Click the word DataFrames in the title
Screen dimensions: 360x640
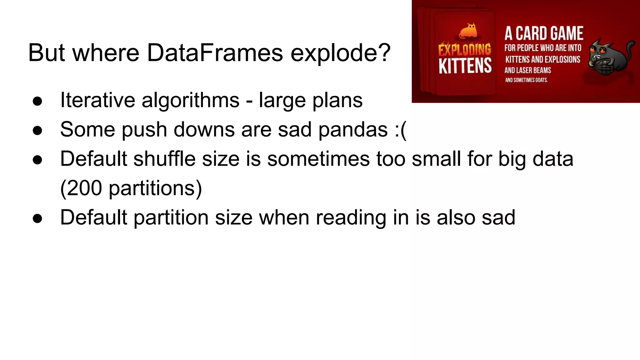(x=215, y=52)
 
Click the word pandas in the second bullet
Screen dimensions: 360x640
(x=353, y=129)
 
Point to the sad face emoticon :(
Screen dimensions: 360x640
(x=400, y=129)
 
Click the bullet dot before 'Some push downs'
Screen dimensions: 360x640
(x=37, y=130)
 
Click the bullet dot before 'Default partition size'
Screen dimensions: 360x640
(x=37, y=218)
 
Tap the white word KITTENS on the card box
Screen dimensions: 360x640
(x=465, y=66)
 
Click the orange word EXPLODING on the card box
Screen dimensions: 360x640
(x=464, y=50)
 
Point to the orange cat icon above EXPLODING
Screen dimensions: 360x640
(x=468, y=31)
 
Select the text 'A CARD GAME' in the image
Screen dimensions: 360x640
(x=544, y=33)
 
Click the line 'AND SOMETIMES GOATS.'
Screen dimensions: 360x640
(x=526, y=80)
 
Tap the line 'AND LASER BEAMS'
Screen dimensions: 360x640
(x=527, y=70)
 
